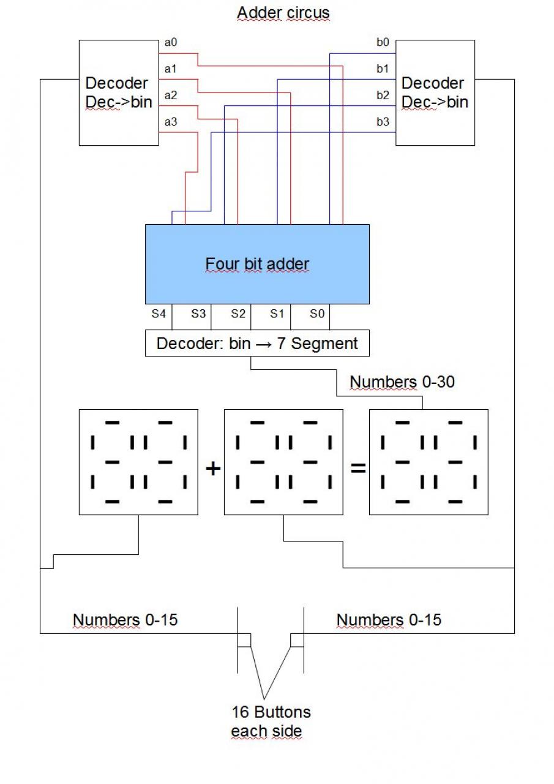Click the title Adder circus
(283, 13)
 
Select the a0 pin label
(171, 43)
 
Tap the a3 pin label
(171, 122)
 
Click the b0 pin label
(383, 42)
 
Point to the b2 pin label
(383, 95)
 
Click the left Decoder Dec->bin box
(117, 92)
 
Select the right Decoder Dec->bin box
(435, 92)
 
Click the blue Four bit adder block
(257, 264)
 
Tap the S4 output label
(159, 314)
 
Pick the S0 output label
(316, 314)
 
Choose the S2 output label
(238, 314)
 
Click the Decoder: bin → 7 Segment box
(257, 343)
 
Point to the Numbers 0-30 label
(402, 382)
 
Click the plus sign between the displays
(212, 469)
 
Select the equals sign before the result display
(357, 469)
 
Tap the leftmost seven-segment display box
(138, 461)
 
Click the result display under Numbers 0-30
(429, 461)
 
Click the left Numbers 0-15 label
(125, 620)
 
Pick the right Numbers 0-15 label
(389, 620)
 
